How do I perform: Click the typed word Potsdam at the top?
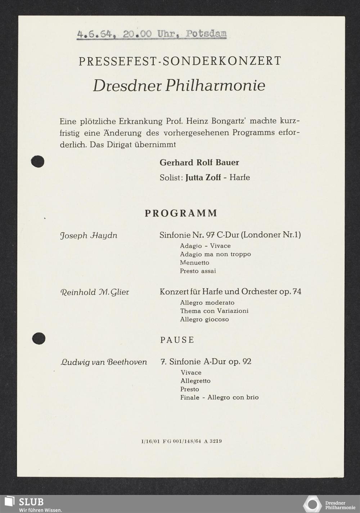point(206,34)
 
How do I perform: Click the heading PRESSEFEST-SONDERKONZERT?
point(180,61)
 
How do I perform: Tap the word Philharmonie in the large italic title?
point(215,85)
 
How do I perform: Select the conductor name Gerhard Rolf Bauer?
point(199,162)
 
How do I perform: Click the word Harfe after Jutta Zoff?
point(239,178)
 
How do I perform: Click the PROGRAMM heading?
point(181,213)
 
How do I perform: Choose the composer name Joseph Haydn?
point(89,236)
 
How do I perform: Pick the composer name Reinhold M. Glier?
point(94,292)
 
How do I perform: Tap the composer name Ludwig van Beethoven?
point(104,362)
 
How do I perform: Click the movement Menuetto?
point(194,263)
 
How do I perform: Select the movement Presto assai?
point(198,271)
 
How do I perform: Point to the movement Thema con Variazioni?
point(214,311)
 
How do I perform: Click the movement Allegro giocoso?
point(204,319)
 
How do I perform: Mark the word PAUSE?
point(177,340)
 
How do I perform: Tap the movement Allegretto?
point(195,381)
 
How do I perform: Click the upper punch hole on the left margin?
point(38,161)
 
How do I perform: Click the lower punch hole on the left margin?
point(38,338)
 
